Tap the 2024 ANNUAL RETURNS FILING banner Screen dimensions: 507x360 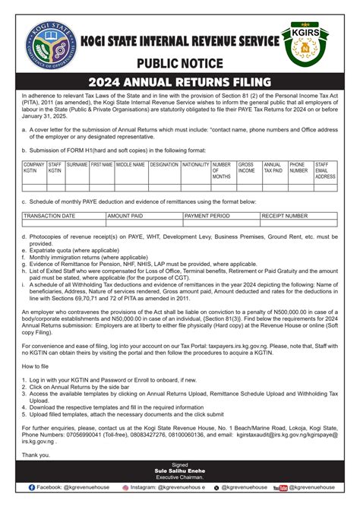click(179, 81)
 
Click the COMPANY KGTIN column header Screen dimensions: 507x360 click(33, 167)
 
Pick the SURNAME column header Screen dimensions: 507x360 click(77, 164)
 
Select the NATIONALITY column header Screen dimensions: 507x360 click(196, 164)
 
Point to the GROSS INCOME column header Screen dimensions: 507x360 click(248, 167)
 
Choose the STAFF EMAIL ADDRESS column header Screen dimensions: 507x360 click(326, 170)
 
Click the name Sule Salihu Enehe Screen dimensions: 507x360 click(180, 471)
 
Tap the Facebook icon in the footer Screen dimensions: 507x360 click(33, 486)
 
